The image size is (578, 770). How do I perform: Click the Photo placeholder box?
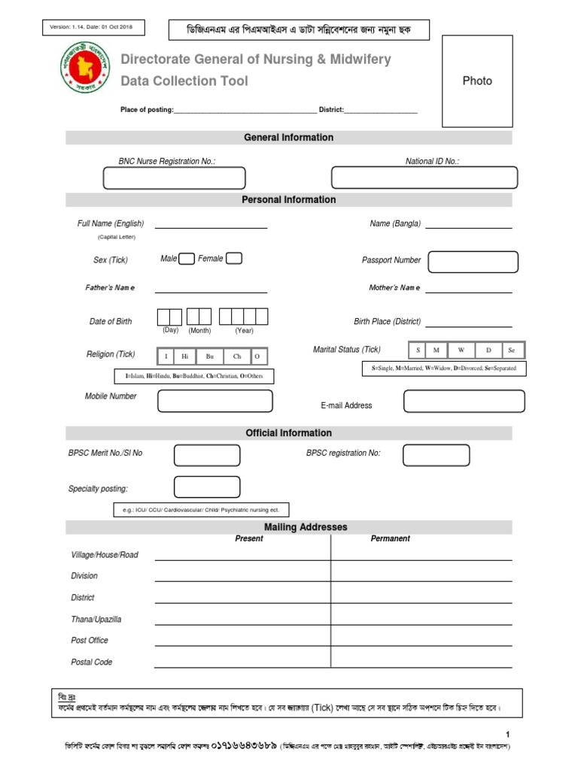coord(477,81)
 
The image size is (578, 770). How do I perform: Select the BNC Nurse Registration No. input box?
coord(175,178)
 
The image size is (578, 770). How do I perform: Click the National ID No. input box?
coord(424,177)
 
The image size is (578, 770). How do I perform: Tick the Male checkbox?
coord(187,259)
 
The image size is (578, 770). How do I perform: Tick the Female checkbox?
coord(234,259)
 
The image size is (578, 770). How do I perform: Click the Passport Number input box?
coord(473,262)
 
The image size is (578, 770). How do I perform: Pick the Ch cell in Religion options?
coord(236,356)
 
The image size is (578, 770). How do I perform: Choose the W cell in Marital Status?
coord(461,350)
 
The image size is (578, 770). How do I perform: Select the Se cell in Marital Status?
coord(512,350)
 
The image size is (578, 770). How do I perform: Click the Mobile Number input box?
coord(214,402)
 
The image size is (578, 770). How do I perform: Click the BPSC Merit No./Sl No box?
coord(207,455)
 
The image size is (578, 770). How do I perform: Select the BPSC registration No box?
coord(436,455)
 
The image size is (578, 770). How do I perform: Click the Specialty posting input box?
coord(207,487)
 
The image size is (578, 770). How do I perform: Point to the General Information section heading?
coord(289,138)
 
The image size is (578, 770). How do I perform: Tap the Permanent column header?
coord(391,538)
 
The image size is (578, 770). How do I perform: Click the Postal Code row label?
coord(92,662)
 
